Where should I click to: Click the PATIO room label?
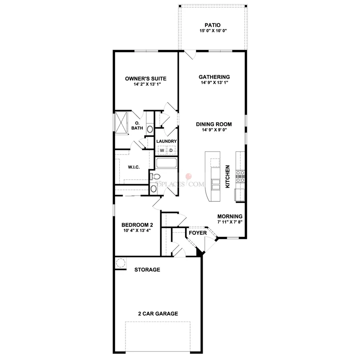pyautogui.click(x=213, y=25)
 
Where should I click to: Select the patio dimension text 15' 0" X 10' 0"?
pyautogui.click(x=213, y=31)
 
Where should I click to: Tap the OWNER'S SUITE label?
pyautogui.click(x=146, y=79)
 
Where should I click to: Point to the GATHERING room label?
pyautogui.click(x=214, y=77)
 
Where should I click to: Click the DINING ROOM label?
pyautogui.click(x=214, y=124)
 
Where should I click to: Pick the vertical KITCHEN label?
pyautogui.click(x=228, y=177)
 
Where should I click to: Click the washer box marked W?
pyautogui.click(x=162, y=150)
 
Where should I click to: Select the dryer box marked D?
pyautogui.click(x=171, y=150)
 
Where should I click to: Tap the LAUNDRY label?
pyautogui.click(x=167, y=141)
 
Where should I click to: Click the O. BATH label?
pyautogui.click(x=137, y=126)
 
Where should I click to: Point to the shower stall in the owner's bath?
pyautogui.click(x=121, y=122)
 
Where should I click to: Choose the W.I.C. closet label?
pyautogui.click(x=134, y=167)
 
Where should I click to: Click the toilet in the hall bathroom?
pyautogui.click(x=155, y=177)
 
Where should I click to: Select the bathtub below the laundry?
pyautogui.click(x=167, y=163)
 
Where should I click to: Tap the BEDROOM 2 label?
pyautogui.click(x=137, y=225)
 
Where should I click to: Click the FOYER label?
pyautogui.click(x=198, y=233)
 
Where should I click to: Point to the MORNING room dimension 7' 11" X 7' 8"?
pyautogui.click(x=230, y=222)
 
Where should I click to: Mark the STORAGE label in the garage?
pyautogui.click(x=147, y=270)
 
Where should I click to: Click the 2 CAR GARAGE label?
pyautogui.click(x=158, y=314)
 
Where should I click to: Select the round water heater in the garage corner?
pyautogui.click(x=120, y=262)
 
